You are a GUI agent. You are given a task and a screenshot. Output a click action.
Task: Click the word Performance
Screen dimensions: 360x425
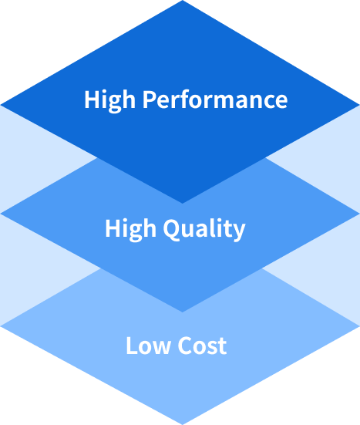[215, 100]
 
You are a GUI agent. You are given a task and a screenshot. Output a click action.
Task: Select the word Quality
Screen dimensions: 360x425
[204, 229]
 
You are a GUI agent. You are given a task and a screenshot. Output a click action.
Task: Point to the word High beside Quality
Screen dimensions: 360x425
[130, 230]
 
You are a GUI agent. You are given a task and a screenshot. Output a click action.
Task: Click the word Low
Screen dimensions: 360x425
[149, 346]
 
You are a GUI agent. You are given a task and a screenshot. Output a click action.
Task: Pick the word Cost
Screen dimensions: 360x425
[202, 346]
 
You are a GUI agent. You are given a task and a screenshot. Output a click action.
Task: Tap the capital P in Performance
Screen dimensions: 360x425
[150, 100]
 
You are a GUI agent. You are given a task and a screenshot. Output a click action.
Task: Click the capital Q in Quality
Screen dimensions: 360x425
[172, 230]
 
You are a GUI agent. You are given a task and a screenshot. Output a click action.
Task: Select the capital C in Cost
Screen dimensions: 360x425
[185, 346]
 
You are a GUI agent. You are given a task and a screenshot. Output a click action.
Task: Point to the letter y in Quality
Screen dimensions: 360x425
[239, 232]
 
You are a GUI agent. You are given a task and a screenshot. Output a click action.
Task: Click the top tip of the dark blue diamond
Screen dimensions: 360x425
[182, 1]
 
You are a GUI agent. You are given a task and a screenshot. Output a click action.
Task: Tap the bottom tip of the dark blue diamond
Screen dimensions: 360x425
[182, 203]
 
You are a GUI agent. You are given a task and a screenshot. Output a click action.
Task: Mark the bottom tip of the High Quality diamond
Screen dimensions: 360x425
[182, 312]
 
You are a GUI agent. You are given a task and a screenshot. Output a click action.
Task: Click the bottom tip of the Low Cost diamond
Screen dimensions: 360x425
[182, 424]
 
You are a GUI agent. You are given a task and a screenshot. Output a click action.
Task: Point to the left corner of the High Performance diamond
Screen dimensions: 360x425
[1, 105]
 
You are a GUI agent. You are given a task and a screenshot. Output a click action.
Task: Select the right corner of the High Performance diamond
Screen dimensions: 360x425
[359, 105]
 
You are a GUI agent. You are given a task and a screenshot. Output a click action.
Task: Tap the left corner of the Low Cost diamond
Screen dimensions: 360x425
[1, 326]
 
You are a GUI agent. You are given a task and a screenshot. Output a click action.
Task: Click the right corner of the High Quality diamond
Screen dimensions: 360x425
[359, 214]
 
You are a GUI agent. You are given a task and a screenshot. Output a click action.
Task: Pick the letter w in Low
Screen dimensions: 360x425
[161, 347]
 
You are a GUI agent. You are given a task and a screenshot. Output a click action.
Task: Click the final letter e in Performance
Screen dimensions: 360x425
[281, 102]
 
